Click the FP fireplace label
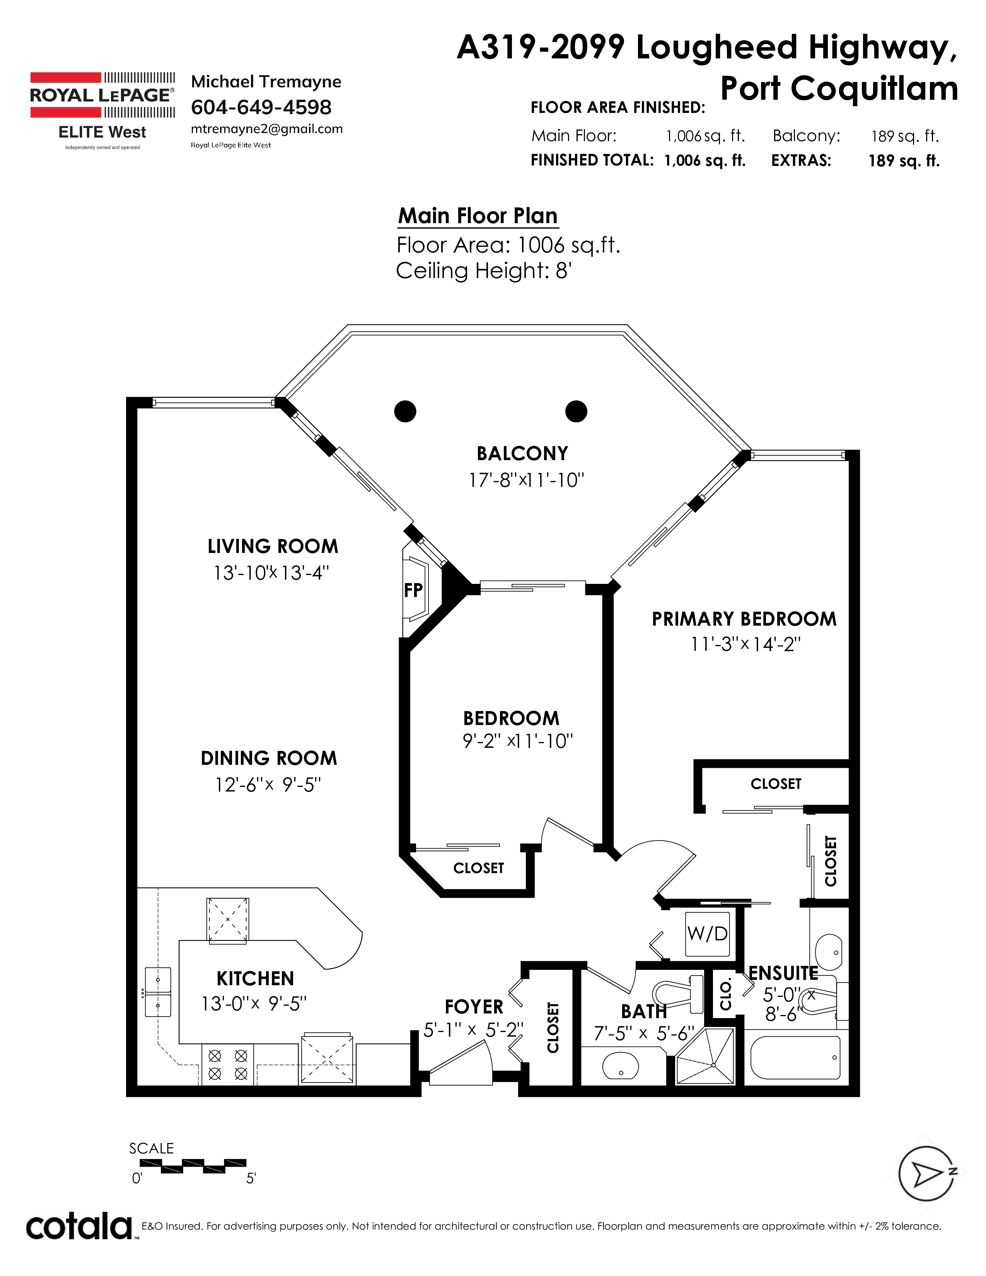click(413, 590)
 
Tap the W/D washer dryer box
click(707, 934)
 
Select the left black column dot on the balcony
click(405, 411)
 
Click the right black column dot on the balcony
click(576, 411)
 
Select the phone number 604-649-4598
click(261, 107)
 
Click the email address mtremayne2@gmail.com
click(266, 129)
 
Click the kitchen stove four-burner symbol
click(228, 1064)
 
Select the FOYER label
click(474, 1006)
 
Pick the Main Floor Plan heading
click(478, 216)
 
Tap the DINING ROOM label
click(269, 758)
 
